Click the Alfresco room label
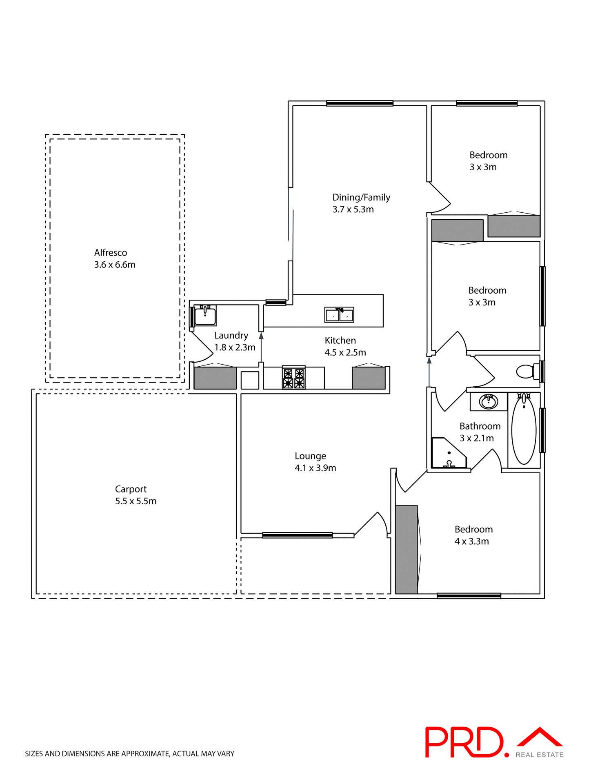pyautogui.click(x=111, y=253)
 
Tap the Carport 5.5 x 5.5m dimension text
pyautogui.click(x=136, y=501)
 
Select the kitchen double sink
pyautogui.click(x=339, y=315)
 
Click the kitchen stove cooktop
pyautogui.click(x=294, y=378)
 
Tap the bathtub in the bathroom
pyautogui.click(x=524, y=430)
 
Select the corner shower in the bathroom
pyautogui.click(x=447, y=453)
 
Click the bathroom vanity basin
pyautogui.click(x=488, y=402)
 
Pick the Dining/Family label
pyautogui.click(x=361, y=198)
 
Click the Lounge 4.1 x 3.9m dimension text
pyautogui.click(x=315, y=468)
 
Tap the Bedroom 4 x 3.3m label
pyautogui.click(x=473, y=529)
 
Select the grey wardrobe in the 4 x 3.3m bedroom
pyautogui.click(x=407, y=549)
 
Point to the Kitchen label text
pyautogui.click(x=340, y=341)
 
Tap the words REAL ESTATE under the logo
pyautogui.click(x=539, y=755)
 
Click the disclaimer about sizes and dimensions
pyautogui.click(x=130, y=754)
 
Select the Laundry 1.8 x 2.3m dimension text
pyautogui.click(x=235, y=347)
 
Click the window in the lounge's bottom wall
pyautogui.click(x=297, y=535)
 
